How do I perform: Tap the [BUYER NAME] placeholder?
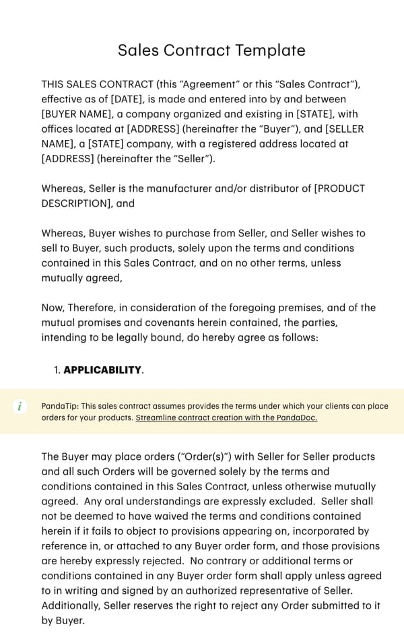[x=77, y=114]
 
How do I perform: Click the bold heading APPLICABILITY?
[x=102, y=370]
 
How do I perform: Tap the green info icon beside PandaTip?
[x=20, y=406]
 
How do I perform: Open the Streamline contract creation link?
[x=226, y=417]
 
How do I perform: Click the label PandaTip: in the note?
[x=60, y=406]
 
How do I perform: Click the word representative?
[x=291, y=591]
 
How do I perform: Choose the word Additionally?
[x=71, y=605]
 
